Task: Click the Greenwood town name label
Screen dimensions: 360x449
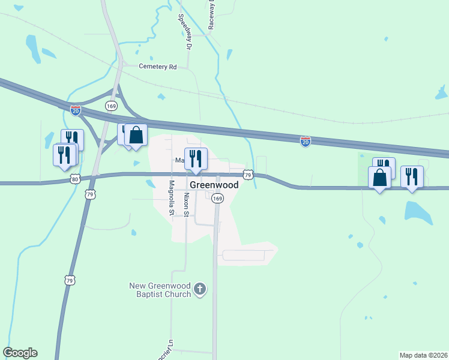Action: point(214,185)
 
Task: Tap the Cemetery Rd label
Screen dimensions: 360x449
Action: point(157,67)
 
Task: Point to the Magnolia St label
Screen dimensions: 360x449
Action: point(171,198)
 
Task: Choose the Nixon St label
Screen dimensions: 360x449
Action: point(187,205)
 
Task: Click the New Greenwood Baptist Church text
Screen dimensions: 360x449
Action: point(160,290)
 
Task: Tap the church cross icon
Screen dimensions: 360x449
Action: point(200,290)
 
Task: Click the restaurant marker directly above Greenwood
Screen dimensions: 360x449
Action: point(196,159)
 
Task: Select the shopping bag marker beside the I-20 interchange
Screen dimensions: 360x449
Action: point(136,136)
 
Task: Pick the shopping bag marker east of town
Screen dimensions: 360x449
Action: point(379,178)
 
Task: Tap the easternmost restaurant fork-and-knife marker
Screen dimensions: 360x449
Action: point(412,177)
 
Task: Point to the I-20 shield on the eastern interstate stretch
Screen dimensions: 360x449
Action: point(306,141)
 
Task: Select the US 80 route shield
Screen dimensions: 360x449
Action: point(74,179)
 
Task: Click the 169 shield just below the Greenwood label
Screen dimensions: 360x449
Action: point(217,198)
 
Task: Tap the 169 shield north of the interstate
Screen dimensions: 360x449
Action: point(111,106)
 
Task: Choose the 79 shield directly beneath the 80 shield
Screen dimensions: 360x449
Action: point(89,194)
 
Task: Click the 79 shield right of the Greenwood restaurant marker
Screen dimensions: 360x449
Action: point(249,174)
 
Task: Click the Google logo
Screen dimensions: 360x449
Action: point(20,353)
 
